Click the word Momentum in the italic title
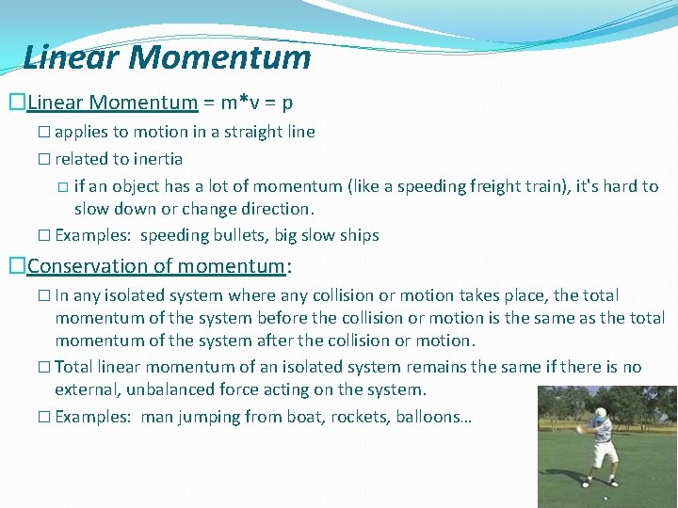click(220, 57)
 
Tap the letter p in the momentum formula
click(287, 102)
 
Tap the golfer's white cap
click(601, 411)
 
